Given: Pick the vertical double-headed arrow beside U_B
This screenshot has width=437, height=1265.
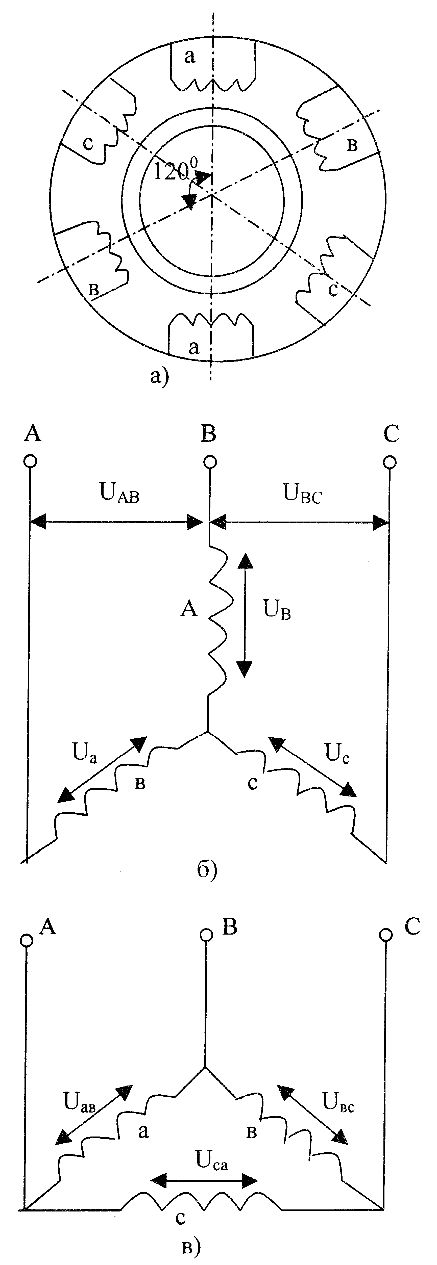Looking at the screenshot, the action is coord(244,614).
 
